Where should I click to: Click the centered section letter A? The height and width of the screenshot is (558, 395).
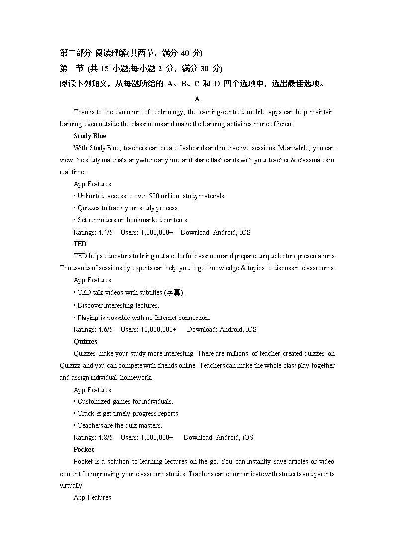pyautogui.click(x=197, y=99)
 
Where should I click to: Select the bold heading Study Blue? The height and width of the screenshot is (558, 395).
pyautogui.click(x=90, y=136)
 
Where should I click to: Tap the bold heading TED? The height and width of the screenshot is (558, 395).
pyautogui.click(x=80, y=244)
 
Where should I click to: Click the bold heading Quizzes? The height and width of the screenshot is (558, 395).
pyautogui.click(x=85, y=341)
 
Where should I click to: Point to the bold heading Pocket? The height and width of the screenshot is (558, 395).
pyautogui.click(x=84, y=449)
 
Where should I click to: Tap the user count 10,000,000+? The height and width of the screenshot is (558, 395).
pyautogui.click(x=159, y=329)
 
